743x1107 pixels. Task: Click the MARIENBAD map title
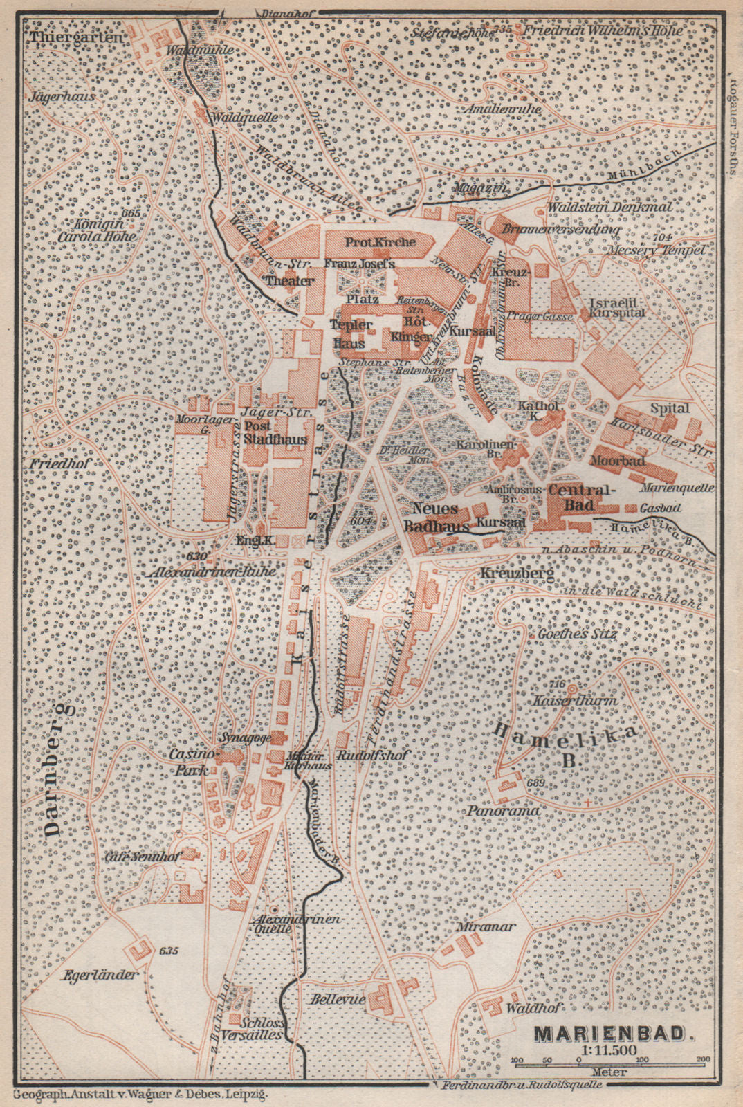613,1034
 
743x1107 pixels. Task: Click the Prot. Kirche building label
380,241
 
